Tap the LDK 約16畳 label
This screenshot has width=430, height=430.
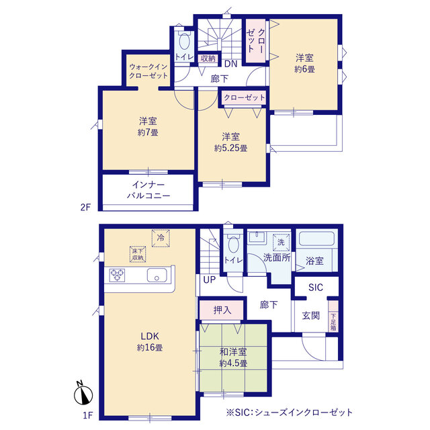[x=150, y=342]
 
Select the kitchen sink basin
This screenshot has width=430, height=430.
[x=157, y=275]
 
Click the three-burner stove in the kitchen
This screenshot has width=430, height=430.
[x=117, y=275]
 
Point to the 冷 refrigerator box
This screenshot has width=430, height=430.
[x=161, y=238]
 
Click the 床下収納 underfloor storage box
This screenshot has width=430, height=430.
[x=138, y=254]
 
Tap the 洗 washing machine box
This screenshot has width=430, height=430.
[x=281, y=242]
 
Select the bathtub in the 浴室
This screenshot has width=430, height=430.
[x=316, y=239]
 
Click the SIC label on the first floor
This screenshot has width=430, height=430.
[x=316, y=288]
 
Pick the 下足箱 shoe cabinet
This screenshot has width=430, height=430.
[x=333, y=316]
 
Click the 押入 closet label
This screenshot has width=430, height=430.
[x=222, y=310]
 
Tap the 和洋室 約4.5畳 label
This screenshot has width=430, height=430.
[x=233, y=357]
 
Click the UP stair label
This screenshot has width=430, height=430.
[x=210, y=279]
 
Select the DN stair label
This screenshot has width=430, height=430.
[x=230, y=64]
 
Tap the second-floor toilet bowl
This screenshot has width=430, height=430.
[x=184, y=42]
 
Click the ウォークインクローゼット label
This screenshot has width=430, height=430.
[x=148, y=71]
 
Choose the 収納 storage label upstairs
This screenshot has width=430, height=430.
[x=208, y=58]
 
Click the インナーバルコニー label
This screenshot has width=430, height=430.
[x=148, y=190]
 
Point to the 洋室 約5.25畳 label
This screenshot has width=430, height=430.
[x=231, y=142]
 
